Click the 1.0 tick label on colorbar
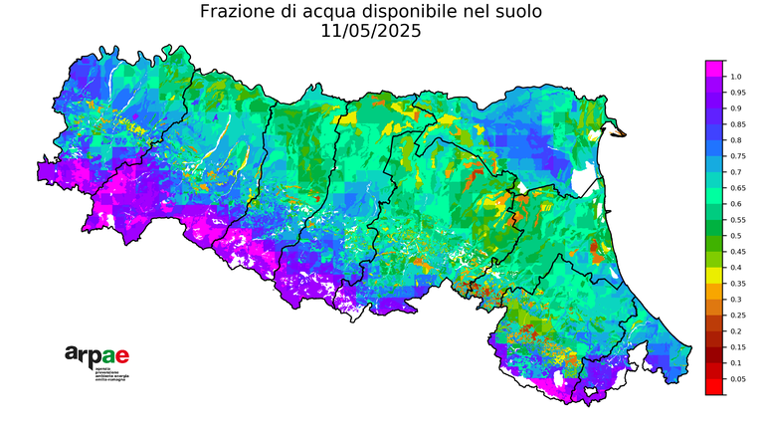pos(735,77)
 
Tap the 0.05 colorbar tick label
pos(737,379)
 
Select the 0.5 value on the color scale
pos(735,236)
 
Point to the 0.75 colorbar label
pos(737,156)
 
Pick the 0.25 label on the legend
pos(737,316)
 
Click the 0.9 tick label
pos(735,108)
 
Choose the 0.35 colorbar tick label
pos(737,284)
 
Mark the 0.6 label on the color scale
pos(735,204)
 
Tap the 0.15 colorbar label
pos(737,347)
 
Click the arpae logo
pos(96,355)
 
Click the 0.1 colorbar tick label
pos(735,363)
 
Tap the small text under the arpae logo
pos(110,375)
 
